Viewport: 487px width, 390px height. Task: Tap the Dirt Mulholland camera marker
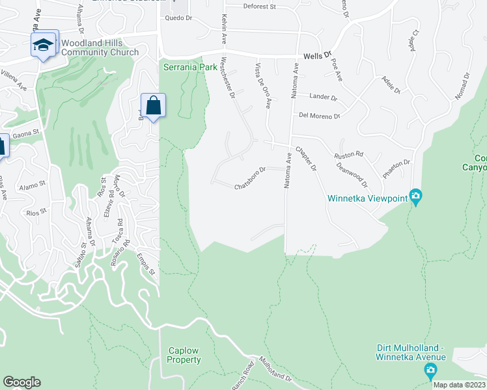tap(430, 371)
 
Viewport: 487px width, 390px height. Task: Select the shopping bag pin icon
tap(153, 106)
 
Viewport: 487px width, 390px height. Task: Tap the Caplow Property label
tap(183, 355)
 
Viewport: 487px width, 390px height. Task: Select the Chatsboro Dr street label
tap(251, 178)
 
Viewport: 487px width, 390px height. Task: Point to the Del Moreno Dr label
tap(319, 116)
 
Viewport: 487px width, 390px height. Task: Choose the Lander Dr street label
tap(322, 97)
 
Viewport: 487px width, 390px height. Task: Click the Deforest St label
tap(260, 6)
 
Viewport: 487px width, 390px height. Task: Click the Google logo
tap(21, 382)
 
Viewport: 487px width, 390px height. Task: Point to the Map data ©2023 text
tap(460, 385)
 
